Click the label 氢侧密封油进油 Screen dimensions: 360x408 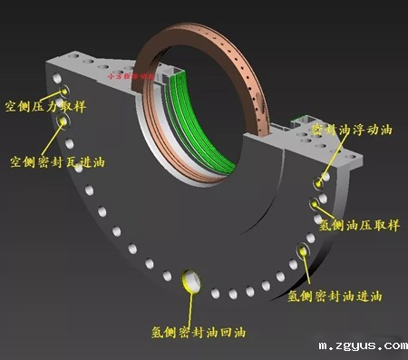click(335, 296)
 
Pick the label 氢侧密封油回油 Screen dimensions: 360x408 click(197, 332)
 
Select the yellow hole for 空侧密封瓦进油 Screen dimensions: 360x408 click(64, 120)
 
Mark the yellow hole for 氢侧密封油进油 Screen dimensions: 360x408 click(300, 251)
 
